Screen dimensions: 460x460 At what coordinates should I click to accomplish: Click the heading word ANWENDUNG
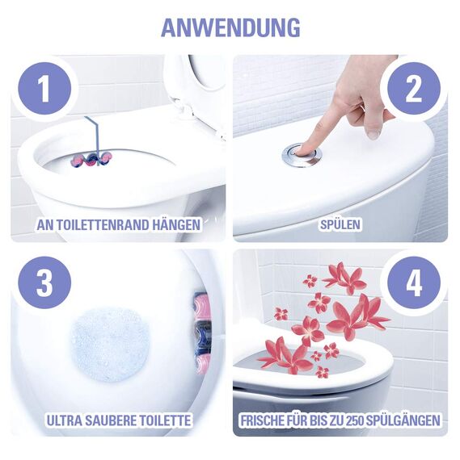tap(230, 27)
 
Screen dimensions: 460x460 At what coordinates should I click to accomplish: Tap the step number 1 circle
tap(44, 89)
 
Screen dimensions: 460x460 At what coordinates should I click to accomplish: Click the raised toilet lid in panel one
tap(194, 81)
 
